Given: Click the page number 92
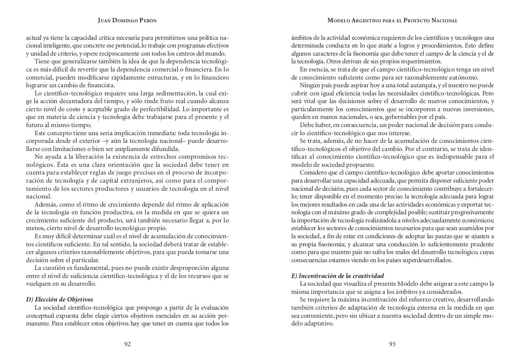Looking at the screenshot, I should coord(127,344).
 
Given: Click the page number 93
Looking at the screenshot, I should coord(392,344).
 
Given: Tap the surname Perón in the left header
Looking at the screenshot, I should coord(147,20).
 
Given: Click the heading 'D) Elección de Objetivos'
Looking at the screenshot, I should coord(60,299).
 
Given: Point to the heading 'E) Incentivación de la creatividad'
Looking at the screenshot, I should coord(338,276).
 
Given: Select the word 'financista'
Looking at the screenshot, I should coord(100,85).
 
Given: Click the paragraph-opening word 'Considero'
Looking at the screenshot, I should coord(313,172).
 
